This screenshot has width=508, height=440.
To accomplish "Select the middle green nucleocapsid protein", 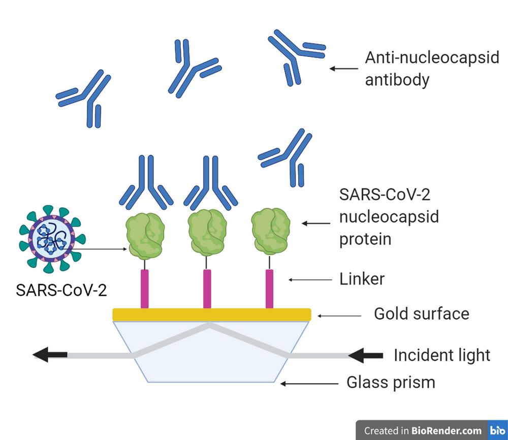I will click(207, 233).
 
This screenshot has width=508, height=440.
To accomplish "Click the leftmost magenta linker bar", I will click(145, 289).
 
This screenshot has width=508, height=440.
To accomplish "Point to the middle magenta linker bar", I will click(207, 289).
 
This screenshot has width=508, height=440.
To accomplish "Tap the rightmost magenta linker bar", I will click(270, 289).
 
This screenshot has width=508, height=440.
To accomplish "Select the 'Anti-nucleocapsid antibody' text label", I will click(432, 69).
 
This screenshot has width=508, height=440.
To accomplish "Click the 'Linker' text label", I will click(362, 279).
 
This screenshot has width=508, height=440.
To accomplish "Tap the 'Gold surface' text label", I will click(421, 313).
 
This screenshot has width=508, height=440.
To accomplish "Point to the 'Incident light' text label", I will click(442, 355).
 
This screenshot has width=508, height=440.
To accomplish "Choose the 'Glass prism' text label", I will click(391, 382).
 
